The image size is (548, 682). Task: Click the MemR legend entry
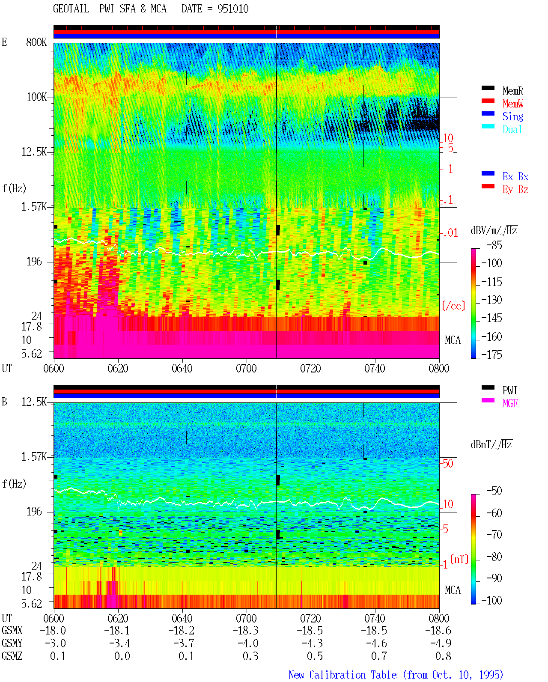(x=512, y=91)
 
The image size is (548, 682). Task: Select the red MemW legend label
(x=513, y=104)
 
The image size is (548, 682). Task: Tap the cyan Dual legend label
(x=512, y=129)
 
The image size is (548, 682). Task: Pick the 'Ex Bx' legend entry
(x=515, y=176)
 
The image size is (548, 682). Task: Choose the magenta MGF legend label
(x=510, y=403)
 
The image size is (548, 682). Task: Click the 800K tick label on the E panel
(x=36, y=42)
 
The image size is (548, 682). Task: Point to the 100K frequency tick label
(x=36, y=97)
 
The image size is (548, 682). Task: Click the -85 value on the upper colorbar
(x=494, y=245)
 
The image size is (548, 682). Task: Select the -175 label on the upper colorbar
(x=491, y=354)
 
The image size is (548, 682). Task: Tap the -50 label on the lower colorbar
(x=494, y=491)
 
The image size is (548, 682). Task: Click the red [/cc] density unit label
(x=453, y=306)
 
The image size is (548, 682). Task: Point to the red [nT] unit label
(x=459, y=559)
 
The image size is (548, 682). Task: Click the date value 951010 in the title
(x=233, y=9)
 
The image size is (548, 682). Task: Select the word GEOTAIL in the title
(x=71, y=9)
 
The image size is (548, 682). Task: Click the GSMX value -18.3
(x=245, y=631)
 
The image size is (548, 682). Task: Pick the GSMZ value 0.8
(x=443, y=656)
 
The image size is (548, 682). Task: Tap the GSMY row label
(x=12, y=643)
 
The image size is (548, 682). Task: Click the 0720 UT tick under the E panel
(x=310, y=369)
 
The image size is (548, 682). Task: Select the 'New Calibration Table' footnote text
(x=342, y=675)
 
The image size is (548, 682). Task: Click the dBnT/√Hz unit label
(x=491, y=445)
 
